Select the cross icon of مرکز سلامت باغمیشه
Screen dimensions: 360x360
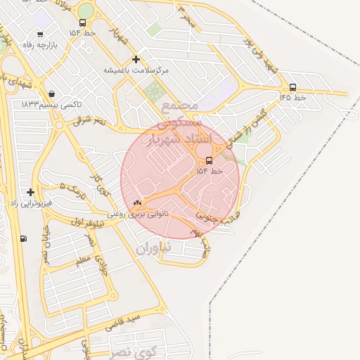pyautogui.click(x=136, y=59)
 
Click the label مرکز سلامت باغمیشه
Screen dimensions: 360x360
pyautogui.click(x=136, y=70)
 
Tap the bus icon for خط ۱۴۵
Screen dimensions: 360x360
pyautogui.click(x=292, y=88)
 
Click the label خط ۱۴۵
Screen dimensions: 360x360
pyautogui.click(x=292, y=98)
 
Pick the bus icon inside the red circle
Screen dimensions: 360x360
pyautogui.click(x=209, y=160)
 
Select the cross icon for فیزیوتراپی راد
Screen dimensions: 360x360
pyautogui.click(x=30, y=191)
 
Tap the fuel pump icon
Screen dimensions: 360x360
pyautogui.click(x=25, y=238)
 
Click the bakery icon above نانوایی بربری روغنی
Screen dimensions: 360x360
pyautogui.click(x=137, y=202)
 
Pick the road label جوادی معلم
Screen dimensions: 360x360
pyautogui.click(x=98, y=254)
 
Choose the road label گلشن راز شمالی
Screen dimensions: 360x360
pyautogui.click(x=250, y=127)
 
